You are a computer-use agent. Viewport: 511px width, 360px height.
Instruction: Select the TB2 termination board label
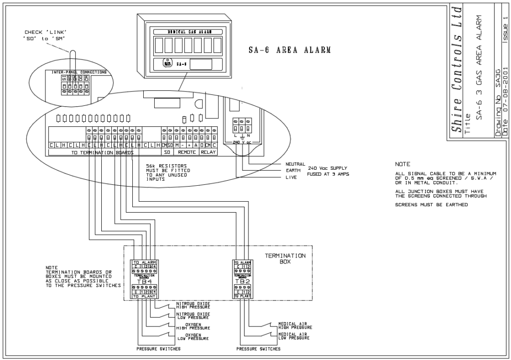tap(242, 281)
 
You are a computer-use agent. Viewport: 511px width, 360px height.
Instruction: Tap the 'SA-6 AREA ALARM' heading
tap(290, 50)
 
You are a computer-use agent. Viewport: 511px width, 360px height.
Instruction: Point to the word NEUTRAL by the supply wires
tap(295, 164)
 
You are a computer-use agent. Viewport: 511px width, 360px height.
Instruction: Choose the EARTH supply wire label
tap(293, 171)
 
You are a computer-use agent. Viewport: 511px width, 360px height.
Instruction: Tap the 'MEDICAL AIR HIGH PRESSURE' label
tap(295, 325)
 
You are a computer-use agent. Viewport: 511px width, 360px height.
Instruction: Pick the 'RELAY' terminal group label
tap(208, 151)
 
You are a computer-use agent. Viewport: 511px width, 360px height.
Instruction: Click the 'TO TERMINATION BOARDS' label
tap(102, 152)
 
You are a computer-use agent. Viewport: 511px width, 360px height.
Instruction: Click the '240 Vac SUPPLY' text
tap(327, 168)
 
